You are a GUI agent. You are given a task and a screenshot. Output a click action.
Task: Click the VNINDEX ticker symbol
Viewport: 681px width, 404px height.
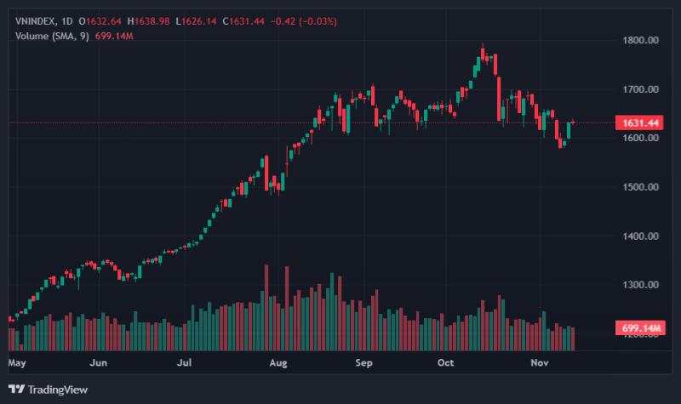[x=35, y=21]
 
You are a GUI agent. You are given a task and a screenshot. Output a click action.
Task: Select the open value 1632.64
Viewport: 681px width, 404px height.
[x=104, y=21]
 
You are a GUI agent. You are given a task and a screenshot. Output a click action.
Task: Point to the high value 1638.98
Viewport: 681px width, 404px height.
[x=152, y=21]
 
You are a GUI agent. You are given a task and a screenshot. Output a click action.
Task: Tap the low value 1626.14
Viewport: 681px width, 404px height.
[x=198, y=21]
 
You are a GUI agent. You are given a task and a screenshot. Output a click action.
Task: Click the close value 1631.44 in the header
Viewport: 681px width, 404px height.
[x=247, y=21]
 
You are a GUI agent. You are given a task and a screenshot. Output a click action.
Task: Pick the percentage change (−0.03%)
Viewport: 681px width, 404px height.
[x=318, y=21]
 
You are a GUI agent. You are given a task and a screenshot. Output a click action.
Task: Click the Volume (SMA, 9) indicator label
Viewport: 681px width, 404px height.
[x=52, y=36]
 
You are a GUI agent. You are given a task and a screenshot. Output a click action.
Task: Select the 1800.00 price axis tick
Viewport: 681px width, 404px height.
[x=641, y=40]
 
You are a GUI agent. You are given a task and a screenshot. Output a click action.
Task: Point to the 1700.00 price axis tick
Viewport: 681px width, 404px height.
[x=641, y=89]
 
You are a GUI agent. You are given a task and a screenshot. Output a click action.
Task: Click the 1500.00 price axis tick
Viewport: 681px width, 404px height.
[x=641, y=187]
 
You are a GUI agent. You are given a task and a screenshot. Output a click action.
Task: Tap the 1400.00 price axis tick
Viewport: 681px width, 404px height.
[x=641, y=236]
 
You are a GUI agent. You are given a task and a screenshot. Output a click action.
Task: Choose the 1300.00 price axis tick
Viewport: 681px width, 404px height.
[x=641, y=285]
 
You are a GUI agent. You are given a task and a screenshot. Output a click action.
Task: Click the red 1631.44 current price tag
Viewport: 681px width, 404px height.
[x=640, y=122]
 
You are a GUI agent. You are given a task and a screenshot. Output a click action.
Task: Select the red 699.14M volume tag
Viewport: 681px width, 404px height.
[x=640, y=327]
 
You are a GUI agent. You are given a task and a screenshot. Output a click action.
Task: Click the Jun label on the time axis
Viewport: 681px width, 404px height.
[x=98, y=363]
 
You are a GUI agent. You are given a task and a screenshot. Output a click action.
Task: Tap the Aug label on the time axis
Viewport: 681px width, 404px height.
[x=278, y=363]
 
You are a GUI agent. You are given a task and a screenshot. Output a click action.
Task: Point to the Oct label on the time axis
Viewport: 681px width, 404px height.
[x=445, y=363]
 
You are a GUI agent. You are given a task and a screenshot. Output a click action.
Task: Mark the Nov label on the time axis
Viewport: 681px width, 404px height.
[x=540, y=363]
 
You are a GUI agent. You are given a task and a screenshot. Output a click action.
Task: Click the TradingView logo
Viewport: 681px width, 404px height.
[x=49, y=390]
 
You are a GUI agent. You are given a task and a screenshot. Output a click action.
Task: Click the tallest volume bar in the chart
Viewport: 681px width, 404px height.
[x=266, y=308]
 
